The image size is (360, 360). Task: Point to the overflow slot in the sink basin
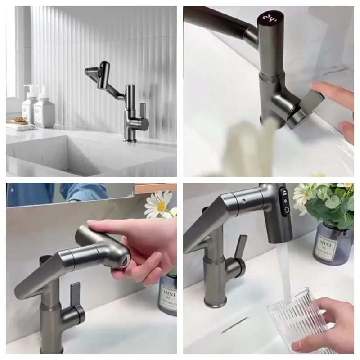pyautogui.click(x=234, y=325)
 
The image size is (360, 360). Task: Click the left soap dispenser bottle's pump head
pyautogui.click(x=31, y=88)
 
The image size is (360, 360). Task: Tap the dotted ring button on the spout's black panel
pyautogui.click(x=285, y=209)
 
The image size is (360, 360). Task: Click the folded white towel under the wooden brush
pyautogui.click(x=20, y=127)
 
